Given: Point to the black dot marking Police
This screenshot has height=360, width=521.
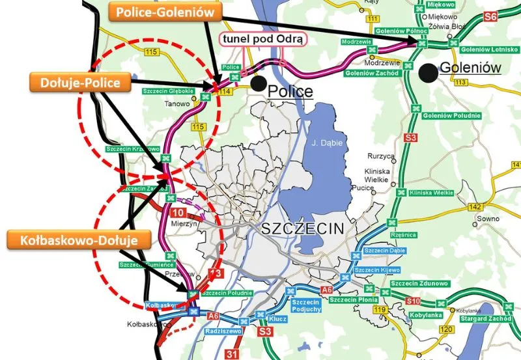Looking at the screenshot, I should point(259,83).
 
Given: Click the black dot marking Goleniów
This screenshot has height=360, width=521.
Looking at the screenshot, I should point(427,71).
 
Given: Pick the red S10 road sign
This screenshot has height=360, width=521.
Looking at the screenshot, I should point(413,301).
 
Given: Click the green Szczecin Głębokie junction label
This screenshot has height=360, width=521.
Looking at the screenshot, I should point(168,91).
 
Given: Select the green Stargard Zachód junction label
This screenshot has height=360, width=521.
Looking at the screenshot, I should point(483,320).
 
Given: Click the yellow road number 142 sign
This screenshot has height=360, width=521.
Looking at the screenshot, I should point(475,206).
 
